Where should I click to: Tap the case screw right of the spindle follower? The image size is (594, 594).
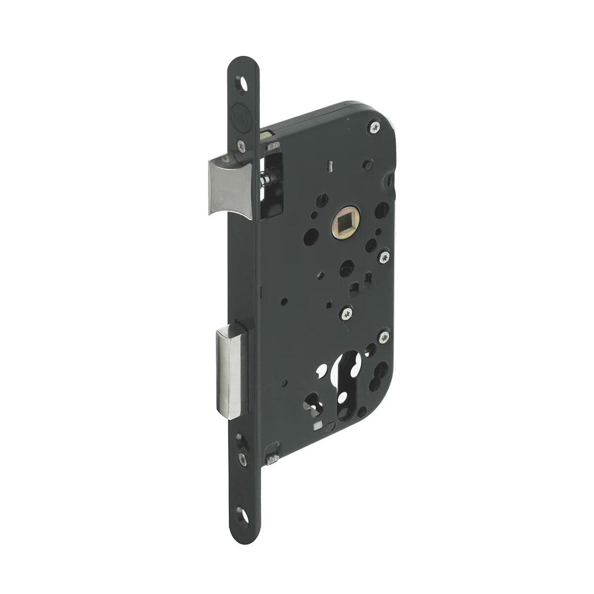click(x=385, y=257)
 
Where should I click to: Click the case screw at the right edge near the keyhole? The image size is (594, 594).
click(x=385, y=338)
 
